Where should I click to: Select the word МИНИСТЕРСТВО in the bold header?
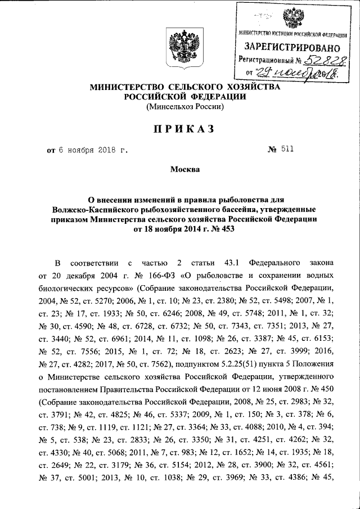(x=123, y=88)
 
